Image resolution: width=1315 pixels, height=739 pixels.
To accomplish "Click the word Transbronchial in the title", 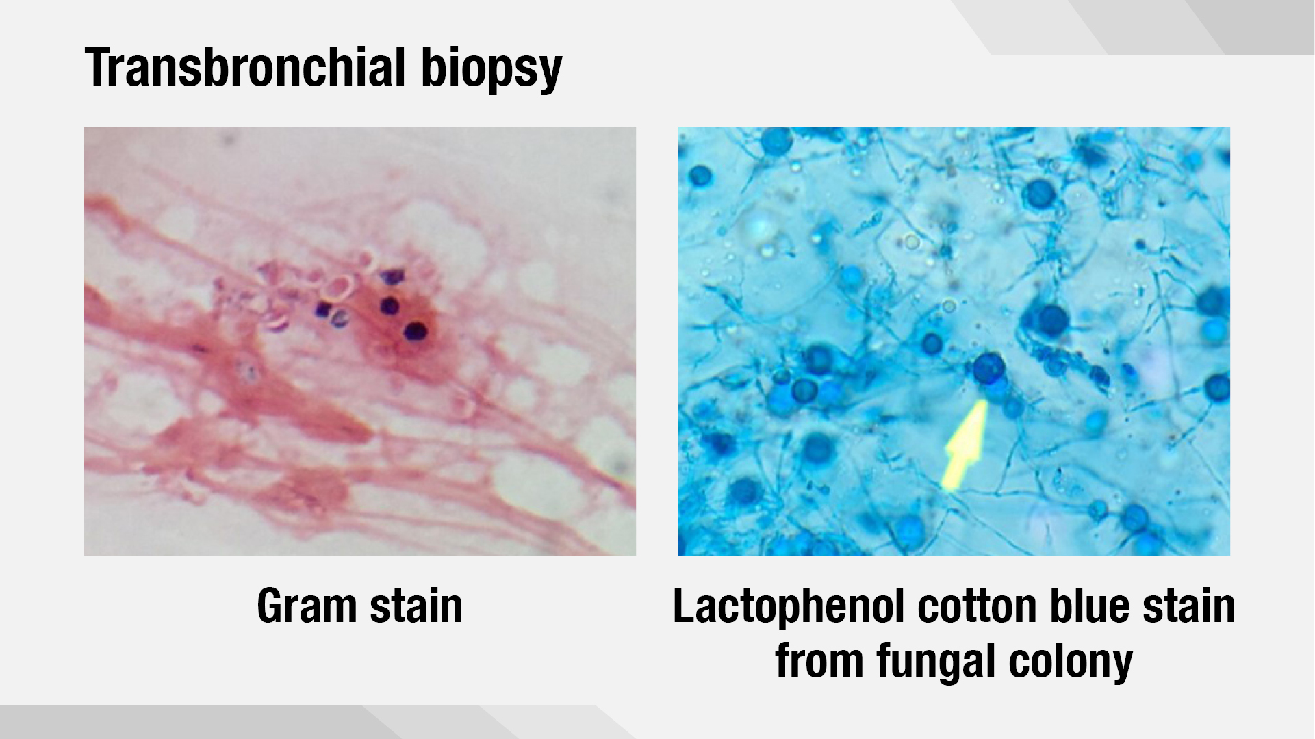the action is [246, 67].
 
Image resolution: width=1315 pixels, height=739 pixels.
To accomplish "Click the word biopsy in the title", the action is [491, 70].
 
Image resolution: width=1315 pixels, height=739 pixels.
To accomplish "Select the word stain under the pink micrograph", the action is [416, 606].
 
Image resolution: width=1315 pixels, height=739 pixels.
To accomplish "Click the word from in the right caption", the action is [819, 660].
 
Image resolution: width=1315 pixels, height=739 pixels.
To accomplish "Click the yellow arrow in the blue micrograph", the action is [965, 445].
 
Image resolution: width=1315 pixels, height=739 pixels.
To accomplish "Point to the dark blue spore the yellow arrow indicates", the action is [988, 368].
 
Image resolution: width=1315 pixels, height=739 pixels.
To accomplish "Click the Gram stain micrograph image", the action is [360, 341].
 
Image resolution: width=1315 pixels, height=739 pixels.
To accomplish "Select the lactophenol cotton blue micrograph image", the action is [954, 341].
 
